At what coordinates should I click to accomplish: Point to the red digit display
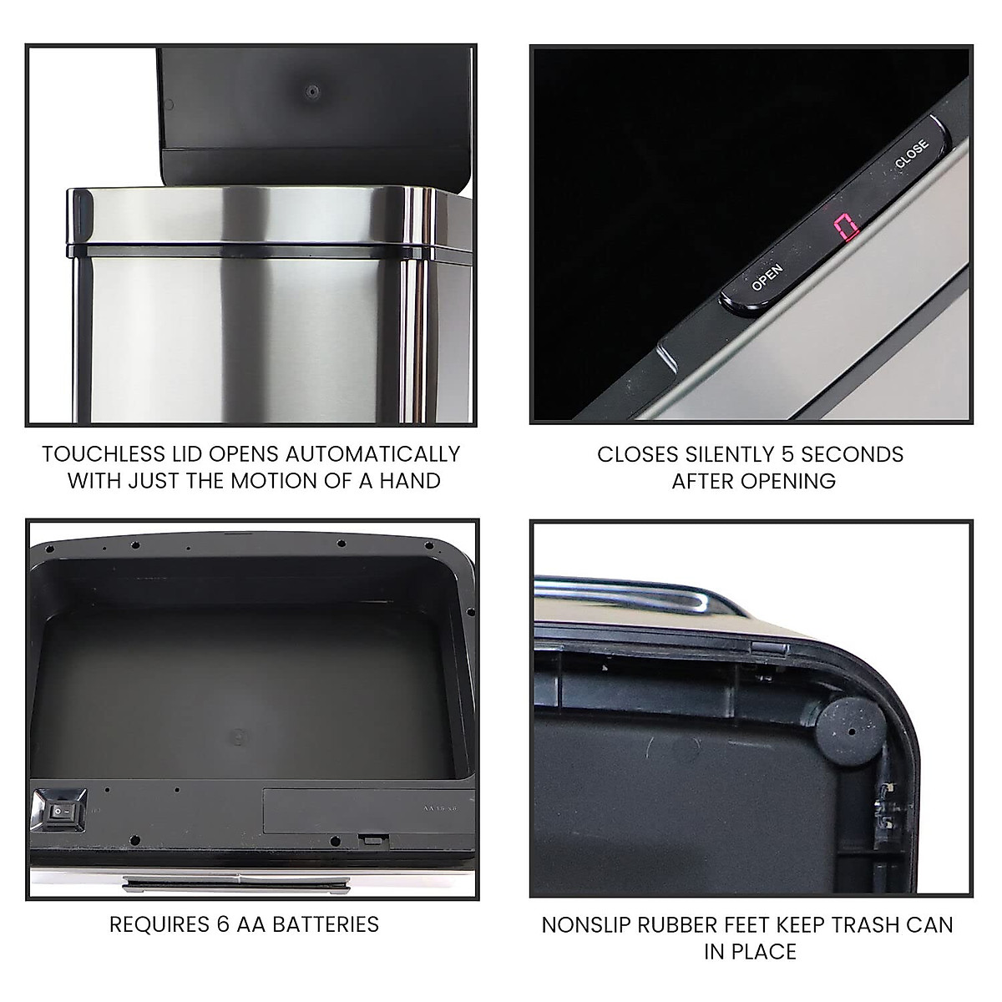[847, 227]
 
